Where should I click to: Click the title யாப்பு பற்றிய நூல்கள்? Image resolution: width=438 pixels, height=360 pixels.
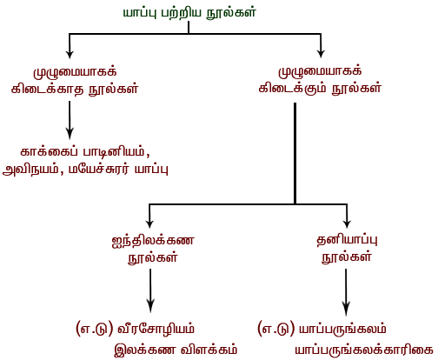(x=189, y=13)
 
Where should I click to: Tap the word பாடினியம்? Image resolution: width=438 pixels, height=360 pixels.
(x=114, y=152)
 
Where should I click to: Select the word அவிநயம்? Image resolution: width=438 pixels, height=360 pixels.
(x=30, y=169)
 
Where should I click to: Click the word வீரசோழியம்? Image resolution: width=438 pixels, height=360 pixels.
(x=156, y=330)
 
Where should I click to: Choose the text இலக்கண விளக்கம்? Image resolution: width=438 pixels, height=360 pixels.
(x=176, y=350)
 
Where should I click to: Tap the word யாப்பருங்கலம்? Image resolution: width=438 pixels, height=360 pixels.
(x=342, y=330)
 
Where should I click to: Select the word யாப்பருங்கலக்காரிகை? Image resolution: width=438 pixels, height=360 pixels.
(x=364, y=350)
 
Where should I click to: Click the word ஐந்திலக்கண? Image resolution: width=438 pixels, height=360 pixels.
(x=153, y=241)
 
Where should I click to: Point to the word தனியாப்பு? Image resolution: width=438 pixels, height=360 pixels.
(x=347, y=240)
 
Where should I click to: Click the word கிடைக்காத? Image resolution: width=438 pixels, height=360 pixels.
(x=48, y=89)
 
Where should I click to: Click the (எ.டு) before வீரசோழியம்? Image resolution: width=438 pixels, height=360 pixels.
(x=94, y=330)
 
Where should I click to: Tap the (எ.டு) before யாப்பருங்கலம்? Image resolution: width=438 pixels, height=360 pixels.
(x=275, y=330)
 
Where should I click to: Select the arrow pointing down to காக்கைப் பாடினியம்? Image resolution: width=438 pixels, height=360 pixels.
(x=70, y=120)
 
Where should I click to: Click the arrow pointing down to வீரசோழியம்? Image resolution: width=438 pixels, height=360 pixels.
(x=150, y=290)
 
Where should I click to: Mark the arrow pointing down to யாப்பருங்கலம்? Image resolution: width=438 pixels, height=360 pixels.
(x=346, y=292)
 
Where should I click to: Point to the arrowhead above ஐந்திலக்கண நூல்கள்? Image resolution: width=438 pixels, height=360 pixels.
(x=149, y=223)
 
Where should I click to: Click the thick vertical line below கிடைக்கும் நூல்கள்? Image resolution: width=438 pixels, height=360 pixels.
(x=295, y=153)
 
